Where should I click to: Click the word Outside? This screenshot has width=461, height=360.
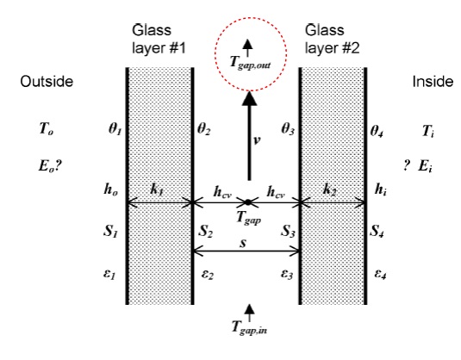pos(47,81)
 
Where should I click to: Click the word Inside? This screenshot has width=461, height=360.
pos(433,82)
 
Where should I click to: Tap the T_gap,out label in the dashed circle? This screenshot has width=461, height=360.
pos(250,63)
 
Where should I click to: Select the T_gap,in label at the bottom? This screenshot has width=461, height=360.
pos(249,327)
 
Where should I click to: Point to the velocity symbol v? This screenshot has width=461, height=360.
pos(257,140)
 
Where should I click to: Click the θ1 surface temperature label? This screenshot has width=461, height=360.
pos(115,129)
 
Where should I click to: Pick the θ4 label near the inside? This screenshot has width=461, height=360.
pos(377,131)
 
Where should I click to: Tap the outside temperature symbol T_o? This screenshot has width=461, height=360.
pos(47,128)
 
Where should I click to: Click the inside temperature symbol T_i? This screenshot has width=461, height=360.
pos(428,131)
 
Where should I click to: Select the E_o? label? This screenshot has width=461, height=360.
pos(50,166)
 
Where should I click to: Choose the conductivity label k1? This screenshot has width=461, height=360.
pos(157,189)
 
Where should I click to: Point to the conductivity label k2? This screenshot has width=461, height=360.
pos(329,190)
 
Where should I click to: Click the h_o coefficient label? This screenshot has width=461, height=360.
pos(111,189)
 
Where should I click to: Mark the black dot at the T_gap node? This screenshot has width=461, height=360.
pos(248,202)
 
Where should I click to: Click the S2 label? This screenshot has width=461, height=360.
pos(205,231)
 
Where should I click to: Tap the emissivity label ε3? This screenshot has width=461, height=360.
pos(287,274)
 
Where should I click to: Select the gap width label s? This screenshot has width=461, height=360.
pos(243,243)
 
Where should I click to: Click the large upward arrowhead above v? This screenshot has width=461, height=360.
pos(249,98)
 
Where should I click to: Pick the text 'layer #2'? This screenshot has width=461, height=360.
pos(333,48)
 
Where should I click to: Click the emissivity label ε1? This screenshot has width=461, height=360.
pos(109,275)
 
